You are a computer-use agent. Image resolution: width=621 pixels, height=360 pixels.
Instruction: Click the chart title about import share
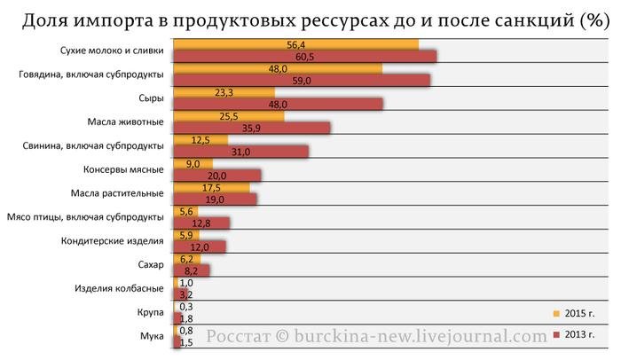310,20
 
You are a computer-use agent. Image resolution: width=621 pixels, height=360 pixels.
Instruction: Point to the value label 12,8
200,223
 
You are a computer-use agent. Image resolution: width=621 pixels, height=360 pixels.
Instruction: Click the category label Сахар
150,265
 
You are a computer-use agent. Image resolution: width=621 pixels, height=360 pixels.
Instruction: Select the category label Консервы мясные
123,169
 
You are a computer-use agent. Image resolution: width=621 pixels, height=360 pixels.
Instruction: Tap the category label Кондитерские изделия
113,241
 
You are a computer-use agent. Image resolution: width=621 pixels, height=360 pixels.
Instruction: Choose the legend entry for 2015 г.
576,314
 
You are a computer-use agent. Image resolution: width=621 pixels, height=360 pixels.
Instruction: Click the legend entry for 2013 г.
576,335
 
